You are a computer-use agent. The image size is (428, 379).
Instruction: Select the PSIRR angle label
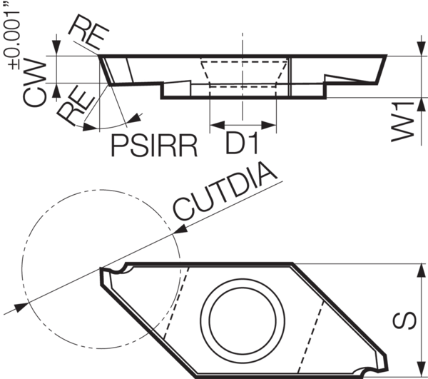pyautogui.click(x=153, y=145)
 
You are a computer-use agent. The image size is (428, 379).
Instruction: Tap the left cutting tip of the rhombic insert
pyautogui.click(x=102, y=269)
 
